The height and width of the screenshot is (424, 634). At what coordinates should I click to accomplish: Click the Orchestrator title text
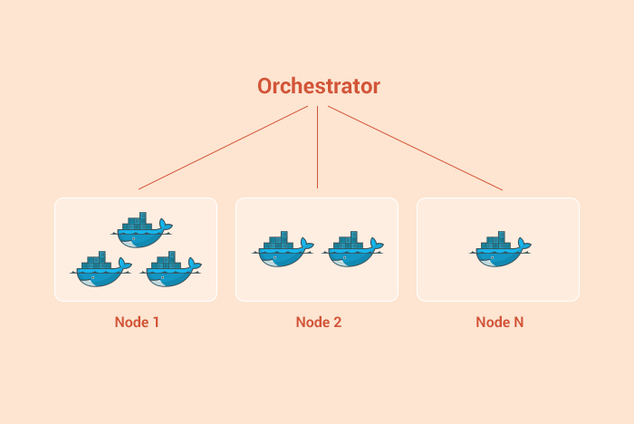pyautogui.click(x=319, y=86)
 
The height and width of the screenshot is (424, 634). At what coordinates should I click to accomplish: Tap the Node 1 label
pyautogui.click(x=137, y=322)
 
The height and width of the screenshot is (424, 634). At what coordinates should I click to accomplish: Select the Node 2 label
pyautogui.click(x=319, y=322)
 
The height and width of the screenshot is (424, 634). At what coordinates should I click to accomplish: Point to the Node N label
pyautogui.click(x=499, y=322)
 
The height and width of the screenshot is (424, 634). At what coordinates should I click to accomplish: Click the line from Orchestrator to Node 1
pyautogui.click(x=223, y=148)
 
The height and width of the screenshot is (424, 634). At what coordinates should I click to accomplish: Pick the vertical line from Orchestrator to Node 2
pyautogui.click(x=317, y=148)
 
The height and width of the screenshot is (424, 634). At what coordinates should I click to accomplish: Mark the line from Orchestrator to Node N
pyautogui.click(x=415, y=148)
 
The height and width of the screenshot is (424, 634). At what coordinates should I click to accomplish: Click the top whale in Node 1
pyautogui.click(x=141, y=230)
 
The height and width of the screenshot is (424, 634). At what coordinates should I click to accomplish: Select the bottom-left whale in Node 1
pyautogui.click(x=101, y=269)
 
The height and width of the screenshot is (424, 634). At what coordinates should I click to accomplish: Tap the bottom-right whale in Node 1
pyautogui.click(x=170, y=269)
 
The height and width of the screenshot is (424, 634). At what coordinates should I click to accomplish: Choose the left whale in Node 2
pyautogui.click(x=283, y=249)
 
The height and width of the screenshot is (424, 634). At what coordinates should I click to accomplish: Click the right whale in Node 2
pyautogui.click(x=352, y=249)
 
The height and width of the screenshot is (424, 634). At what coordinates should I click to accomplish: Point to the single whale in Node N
pyautogui.click(x=500, y=249)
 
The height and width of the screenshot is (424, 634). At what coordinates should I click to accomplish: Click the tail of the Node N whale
pyautogui.click(x=524, y=245)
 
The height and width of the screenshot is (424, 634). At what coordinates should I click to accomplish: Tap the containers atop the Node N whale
pyautogui.click(x=494, y=240)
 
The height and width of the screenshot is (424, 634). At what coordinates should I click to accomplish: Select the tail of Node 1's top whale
pyautogui.click(x=166, y=226)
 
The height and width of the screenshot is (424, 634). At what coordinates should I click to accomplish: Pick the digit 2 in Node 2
pyautogui.click(x=337, y=322)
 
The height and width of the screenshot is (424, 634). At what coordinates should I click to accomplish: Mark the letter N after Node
pyautogui.click(x=519, y=322)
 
